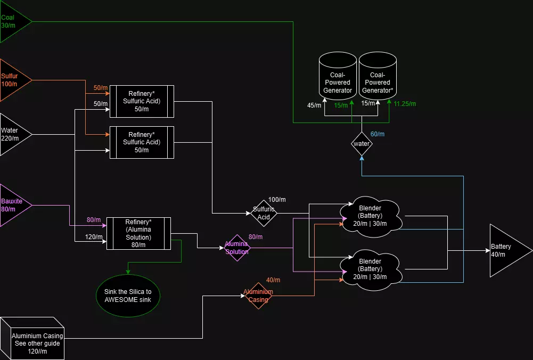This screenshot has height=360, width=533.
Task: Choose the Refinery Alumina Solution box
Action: (138, 233)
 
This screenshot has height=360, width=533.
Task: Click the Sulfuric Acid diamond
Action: (265, 213)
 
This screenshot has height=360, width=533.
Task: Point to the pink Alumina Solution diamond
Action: (236, 248)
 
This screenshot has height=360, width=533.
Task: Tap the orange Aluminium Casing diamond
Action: (258, 296)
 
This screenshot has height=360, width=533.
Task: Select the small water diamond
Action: (362, 143)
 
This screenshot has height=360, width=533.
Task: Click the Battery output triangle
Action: (506, 250)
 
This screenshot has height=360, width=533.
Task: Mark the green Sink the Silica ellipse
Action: (128, 296)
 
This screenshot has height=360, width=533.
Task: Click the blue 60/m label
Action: (377, 134)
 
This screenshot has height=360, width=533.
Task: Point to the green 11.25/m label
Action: (405, 104)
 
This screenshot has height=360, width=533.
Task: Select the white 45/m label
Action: (314, 105)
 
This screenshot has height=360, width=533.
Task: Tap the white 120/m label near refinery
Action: (94, 237)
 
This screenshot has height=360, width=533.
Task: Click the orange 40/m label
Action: (273, 280)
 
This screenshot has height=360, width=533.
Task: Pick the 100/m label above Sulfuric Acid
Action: (277, 200)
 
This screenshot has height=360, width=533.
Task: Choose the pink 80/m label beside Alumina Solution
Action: (256, 236)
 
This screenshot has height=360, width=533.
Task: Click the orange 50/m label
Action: (101, 87)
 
